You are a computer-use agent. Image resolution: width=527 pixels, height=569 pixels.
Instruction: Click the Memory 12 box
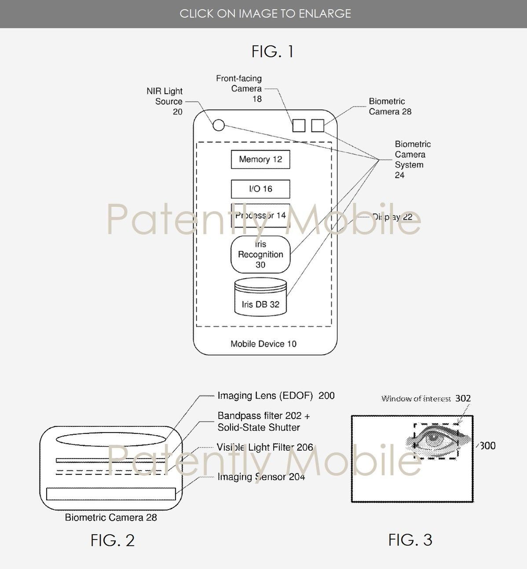(x=260, y=159)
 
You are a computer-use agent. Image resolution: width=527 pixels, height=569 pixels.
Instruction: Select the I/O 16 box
(x=260, y=189)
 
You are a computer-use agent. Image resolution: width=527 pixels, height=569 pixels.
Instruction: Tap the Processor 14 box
(x=260, y=215)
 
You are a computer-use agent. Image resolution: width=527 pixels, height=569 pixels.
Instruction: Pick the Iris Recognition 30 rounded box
(x=260, y=254)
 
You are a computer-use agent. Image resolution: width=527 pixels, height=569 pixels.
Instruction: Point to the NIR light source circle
(x=219, y=125)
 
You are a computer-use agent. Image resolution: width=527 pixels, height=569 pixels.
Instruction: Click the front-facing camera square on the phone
(x=299, y=125)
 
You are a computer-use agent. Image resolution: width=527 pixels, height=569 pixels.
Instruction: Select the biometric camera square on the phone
(x=318, y=125)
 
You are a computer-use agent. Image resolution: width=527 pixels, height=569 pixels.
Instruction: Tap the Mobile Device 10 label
(x=263, y=344)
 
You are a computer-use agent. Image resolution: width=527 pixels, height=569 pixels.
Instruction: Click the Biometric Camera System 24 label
(x=412, y=159)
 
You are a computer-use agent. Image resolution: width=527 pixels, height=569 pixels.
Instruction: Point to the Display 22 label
(x=392, y=217)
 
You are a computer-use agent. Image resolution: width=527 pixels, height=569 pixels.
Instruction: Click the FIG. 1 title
(x=272, y=51)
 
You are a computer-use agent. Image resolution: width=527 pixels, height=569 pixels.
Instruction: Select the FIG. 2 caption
(x=112, y=540)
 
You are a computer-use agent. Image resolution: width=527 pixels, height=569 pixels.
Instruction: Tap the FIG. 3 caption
(x=410, y=540)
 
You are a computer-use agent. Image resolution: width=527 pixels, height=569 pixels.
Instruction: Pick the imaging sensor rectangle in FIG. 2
(x=111, y=494)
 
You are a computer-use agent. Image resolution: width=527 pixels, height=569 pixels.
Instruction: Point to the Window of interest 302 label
(x=425, y=399)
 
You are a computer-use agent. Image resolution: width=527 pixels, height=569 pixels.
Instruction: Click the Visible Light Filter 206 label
(x=265, y=448)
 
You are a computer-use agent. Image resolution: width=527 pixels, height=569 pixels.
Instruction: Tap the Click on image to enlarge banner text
(x=265, y=14)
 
